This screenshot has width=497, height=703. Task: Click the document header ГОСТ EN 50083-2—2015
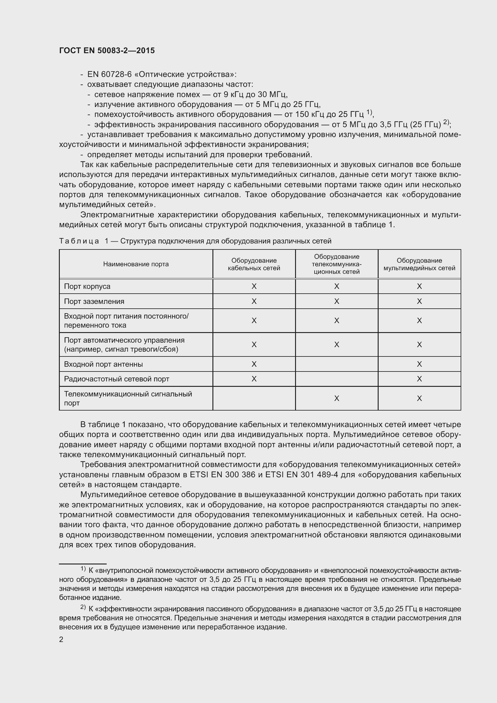click(x=107, y=51)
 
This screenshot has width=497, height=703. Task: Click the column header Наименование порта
click(x=136, y=264)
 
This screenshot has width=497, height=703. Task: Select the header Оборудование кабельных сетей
click(x=254, y=264)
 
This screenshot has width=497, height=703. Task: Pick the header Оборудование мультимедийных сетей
click(x=419, y=264)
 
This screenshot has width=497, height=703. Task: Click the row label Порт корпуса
click(x=87, y=286)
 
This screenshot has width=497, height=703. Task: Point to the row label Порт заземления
click(x=94, y=301)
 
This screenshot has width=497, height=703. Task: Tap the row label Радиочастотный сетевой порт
click(x=116, y=379)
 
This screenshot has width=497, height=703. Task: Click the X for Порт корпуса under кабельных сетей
click(x=254, y=286)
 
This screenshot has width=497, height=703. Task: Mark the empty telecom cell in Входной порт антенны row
click(x=336, y=364)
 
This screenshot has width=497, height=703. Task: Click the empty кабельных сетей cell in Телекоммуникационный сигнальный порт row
click(x=254, y=398)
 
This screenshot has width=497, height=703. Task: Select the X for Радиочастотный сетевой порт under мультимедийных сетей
click(x=419, y=379)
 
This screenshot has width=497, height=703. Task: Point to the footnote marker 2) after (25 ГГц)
click(x=446, y=122)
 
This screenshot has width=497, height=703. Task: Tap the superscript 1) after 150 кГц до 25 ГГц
click(x=369, y=112)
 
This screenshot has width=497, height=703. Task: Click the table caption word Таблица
click(x=79, y=241)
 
